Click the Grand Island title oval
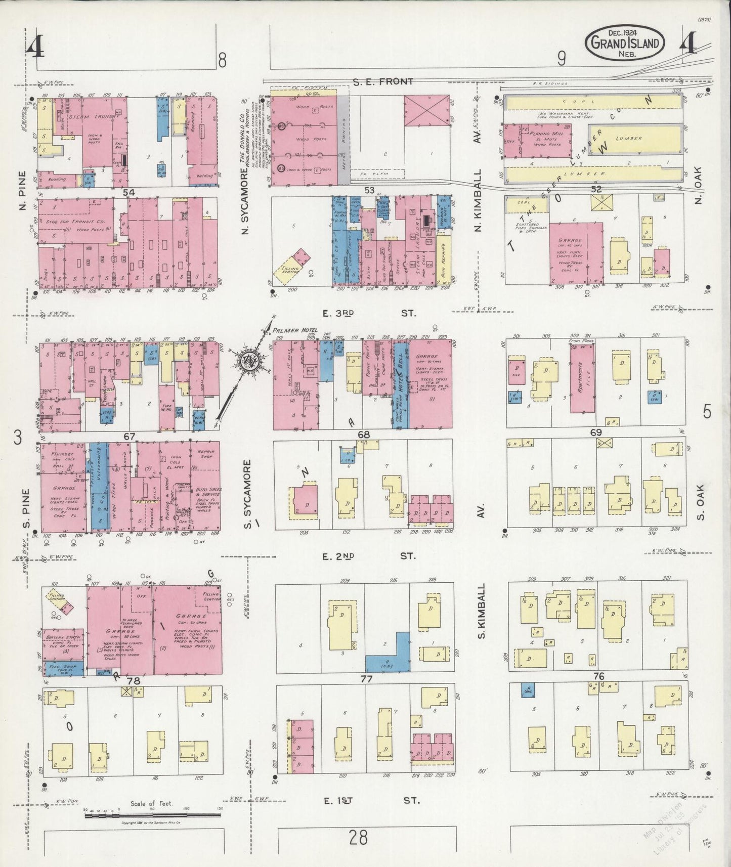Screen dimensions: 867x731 click(625, 43)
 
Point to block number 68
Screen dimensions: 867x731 click(363, 435)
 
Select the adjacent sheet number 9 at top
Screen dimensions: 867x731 click(562, 60)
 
